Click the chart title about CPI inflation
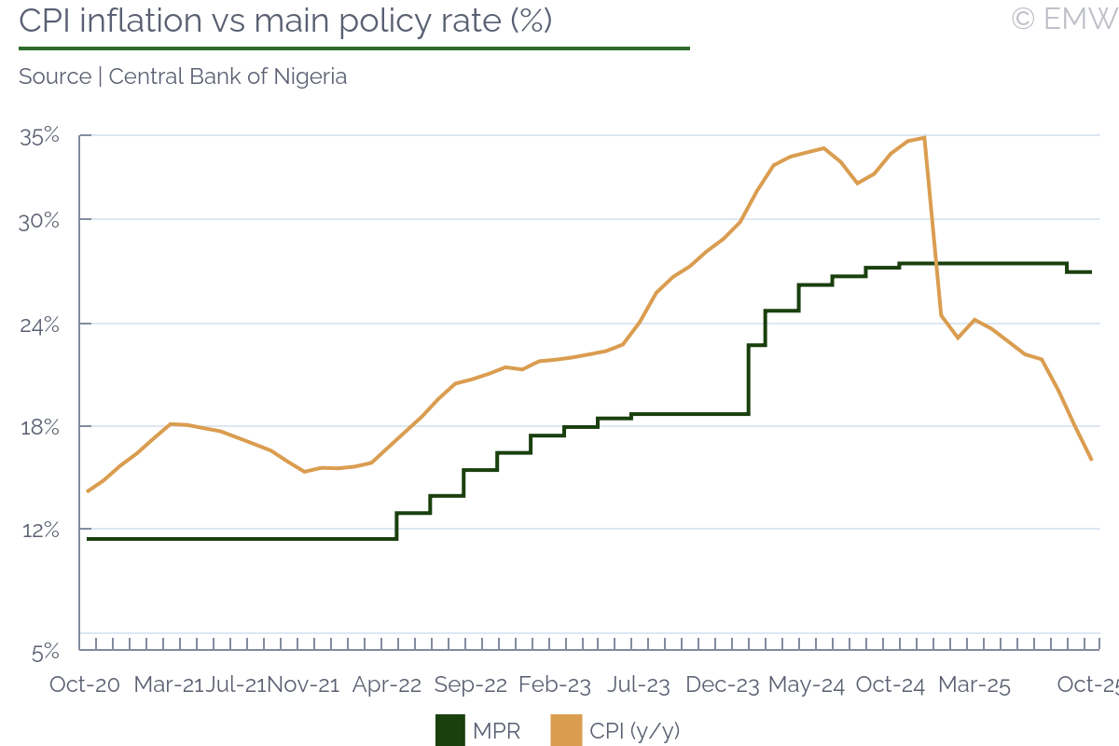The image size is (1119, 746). pos(285,21)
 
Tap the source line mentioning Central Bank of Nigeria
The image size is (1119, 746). pos(183,76)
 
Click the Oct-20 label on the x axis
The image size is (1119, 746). pos(85,684)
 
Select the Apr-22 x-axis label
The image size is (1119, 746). pos(387,684)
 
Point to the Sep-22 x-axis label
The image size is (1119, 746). pos(471,684)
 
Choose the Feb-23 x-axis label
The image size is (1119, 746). pos(555,684)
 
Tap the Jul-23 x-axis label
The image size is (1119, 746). pos(639,684)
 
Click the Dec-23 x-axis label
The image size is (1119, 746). pos(723,684)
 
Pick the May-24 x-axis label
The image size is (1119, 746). pos(807,684)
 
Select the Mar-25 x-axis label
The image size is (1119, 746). pos(974,684)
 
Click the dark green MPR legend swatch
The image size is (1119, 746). pos(449,730)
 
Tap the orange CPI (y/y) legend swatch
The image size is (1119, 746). pos(566,730)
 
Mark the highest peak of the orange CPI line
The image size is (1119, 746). pos(923,138)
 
